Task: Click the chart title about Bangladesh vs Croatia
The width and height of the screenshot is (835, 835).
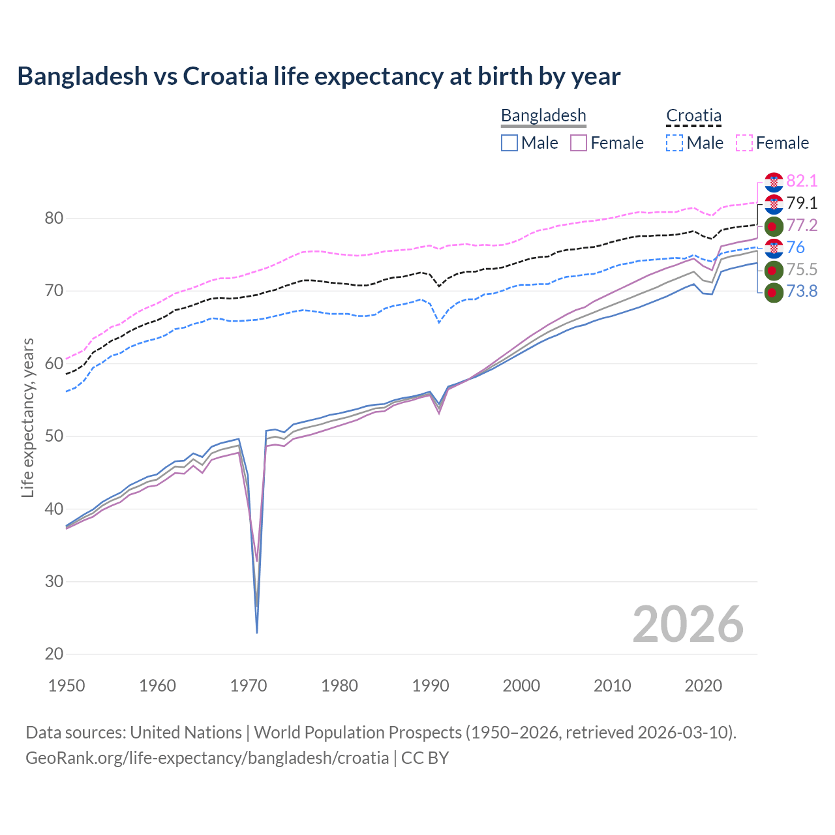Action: pos(318,76)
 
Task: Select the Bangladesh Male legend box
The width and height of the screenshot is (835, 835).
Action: pos(509,143)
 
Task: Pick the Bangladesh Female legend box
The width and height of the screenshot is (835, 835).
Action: pos(579,143)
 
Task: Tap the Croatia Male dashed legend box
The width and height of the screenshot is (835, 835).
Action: pos(675,143)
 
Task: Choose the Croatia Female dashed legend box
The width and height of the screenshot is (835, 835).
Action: pos(744,143)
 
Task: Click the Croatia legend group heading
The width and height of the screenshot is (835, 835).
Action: pos(693,115)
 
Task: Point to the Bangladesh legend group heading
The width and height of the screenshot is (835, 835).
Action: pos(543,115)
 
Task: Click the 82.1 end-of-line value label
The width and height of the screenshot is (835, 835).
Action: pos(802,181)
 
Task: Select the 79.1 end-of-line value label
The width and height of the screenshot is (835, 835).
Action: pos(802,204)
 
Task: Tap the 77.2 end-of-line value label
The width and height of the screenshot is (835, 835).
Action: pos(802,226)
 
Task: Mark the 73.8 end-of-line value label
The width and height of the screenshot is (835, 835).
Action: pos(802,292)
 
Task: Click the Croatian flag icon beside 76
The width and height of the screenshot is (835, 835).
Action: pos(774,248)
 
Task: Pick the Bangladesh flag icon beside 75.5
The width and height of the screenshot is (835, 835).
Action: pos(774,270)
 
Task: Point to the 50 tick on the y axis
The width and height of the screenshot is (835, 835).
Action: pos(53,436)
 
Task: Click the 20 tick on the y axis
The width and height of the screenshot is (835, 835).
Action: pos(53,654)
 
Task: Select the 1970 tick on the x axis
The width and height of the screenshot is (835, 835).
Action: pos(249,686)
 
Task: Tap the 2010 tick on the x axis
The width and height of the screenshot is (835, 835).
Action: pos(612,686)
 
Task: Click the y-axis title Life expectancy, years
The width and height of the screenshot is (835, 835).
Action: pos(27,417)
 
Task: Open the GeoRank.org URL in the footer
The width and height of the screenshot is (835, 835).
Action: pos(207,758)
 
